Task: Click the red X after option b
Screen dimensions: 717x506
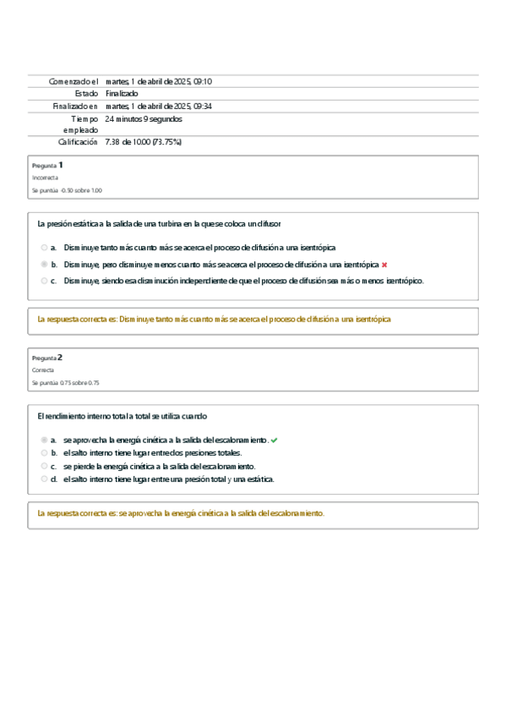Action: tap(384, 265)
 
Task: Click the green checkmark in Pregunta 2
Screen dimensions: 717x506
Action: tap(275, 441)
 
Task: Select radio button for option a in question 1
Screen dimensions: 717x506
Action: tap(44, 248)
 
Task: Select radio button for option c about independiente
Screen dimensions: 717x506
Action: tap(44, 281)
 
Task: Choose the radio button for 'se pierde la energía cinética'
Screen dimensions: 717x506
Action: tap(44, 466)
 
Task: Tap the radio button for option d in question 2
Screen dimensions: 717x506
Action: tap(44, 479)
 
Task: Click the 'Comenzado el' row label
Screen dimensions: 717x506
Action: tap(74, 81)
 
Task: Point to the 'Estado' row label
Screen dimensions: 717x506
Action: tap(86, 94)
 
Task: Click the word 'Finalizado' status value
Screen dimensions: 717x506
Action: tap(122, 94)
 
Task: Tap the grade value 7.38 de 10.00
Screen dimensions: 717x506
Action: tap(143, 142)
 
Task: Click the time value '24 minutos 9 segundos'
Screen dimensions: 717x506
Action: tap(143, 119)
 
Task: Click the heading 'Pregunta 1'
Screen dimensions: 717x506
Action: tap(47, 165)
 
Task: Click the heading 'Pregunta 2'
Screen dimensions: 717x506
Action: tap(47, 358)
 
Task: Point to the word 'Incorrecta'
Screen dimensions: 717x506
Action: tap(45, 178)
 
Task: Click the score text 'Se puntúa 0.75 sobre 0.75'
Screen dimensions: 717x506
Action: tap(65, 383)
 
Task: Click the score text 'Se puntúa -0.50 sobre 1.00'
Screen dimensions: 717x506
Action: tap(67, 191)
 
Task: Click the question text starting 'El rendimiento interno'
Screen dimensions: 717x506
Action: tap(122, 417)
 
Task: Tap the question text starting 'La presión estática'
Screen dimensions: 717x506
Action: tap(160, 224)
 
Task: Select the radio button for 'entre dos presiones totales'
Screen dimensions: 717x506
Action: tap(44, 453)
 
